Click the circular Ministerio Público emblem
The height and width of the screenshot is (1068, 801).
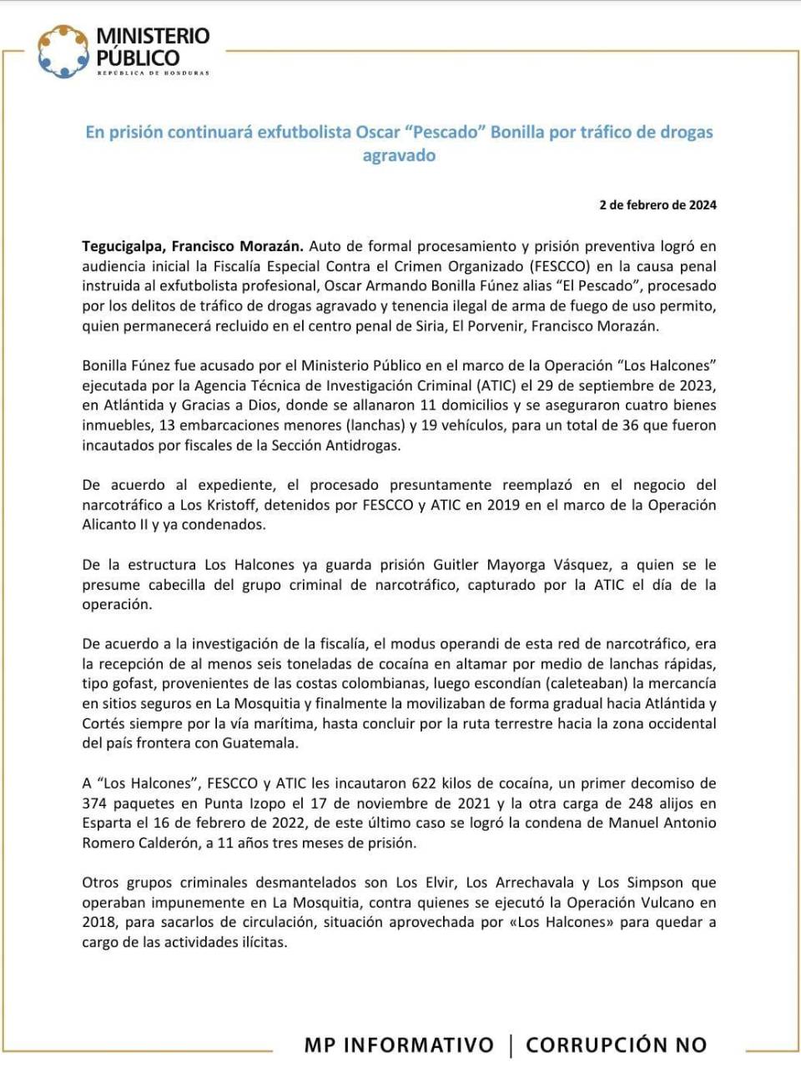63,51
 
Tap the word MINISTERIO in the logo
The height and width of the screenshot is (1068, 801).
153,36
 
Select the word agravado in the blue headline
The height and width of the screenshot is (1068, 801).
399,155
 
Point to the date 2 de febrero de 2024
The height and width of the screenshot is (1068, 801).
657,204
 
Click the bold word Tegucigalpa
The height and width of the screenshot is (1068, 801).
123,246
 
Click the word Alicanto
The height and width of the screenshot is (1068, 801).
112,525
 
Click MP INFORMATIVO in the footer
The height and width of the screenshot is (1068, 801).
399,1045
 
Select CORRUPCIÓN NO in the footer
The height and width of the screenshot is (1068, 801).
617,1045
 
